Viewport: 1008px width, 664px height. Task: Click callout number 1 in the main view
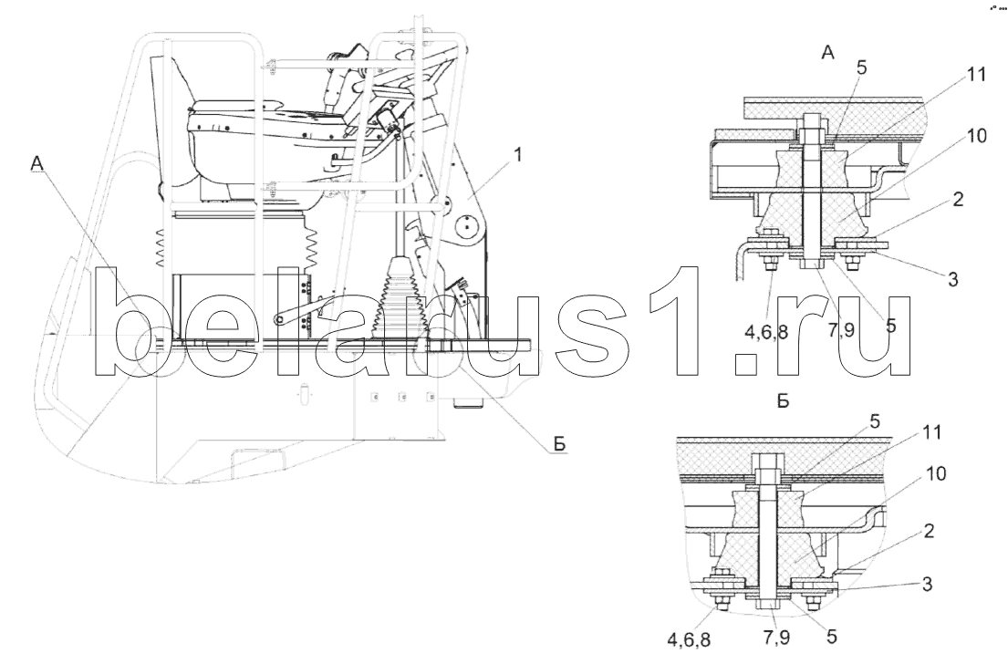pos(517,156)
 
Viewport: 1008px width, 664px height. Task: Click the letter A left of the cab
pos(38,163)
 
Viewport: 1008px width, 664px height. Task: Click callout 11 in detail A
pos(976,77)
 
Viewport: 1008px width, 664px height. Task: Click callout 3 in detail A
pos(952,280)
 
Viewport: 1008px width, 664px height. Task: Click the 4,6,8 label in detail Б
pos(690,640)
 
